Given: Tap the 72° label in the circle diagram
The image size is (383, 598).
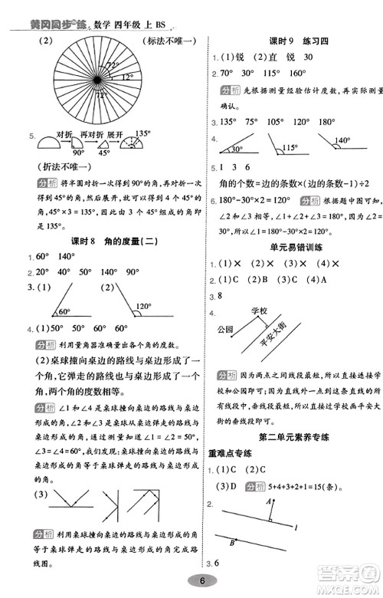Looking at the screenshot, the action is tap(113, 67).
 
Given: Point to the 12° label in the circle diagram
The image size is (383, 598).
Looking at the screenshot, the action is tap(126, 77).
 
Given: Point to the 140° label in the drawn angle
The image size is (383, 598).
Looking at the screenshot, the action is tap(341, 141).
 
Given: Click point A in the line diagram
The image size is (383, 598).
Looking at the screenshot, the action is tap(268, 502).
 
